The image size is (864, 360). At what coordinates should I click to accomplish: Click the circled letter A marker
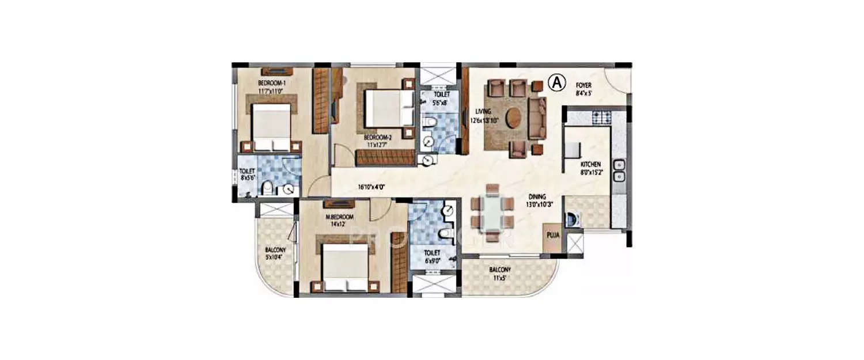point(556,83)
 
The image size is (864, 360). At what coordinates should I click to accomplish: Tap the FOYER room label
point(583,85)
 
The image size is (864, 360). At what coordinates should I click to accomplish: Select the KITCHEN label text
point(590,165)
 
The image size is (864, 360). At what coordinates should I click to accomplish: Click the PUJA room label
point(552,235)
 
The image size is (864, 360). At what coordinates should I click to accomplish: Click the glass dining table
point(491,213)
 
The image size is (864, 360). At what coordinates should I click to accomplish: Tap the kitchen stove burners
point(601,118)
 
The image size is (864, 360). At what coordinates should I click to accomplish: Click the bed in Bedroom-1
point(271,128)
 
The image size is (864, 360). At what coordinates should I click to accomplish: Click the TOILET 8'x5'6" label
point(247,175)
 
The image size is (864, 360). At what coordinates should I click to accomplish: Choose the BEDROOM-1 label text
point(271,83)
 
